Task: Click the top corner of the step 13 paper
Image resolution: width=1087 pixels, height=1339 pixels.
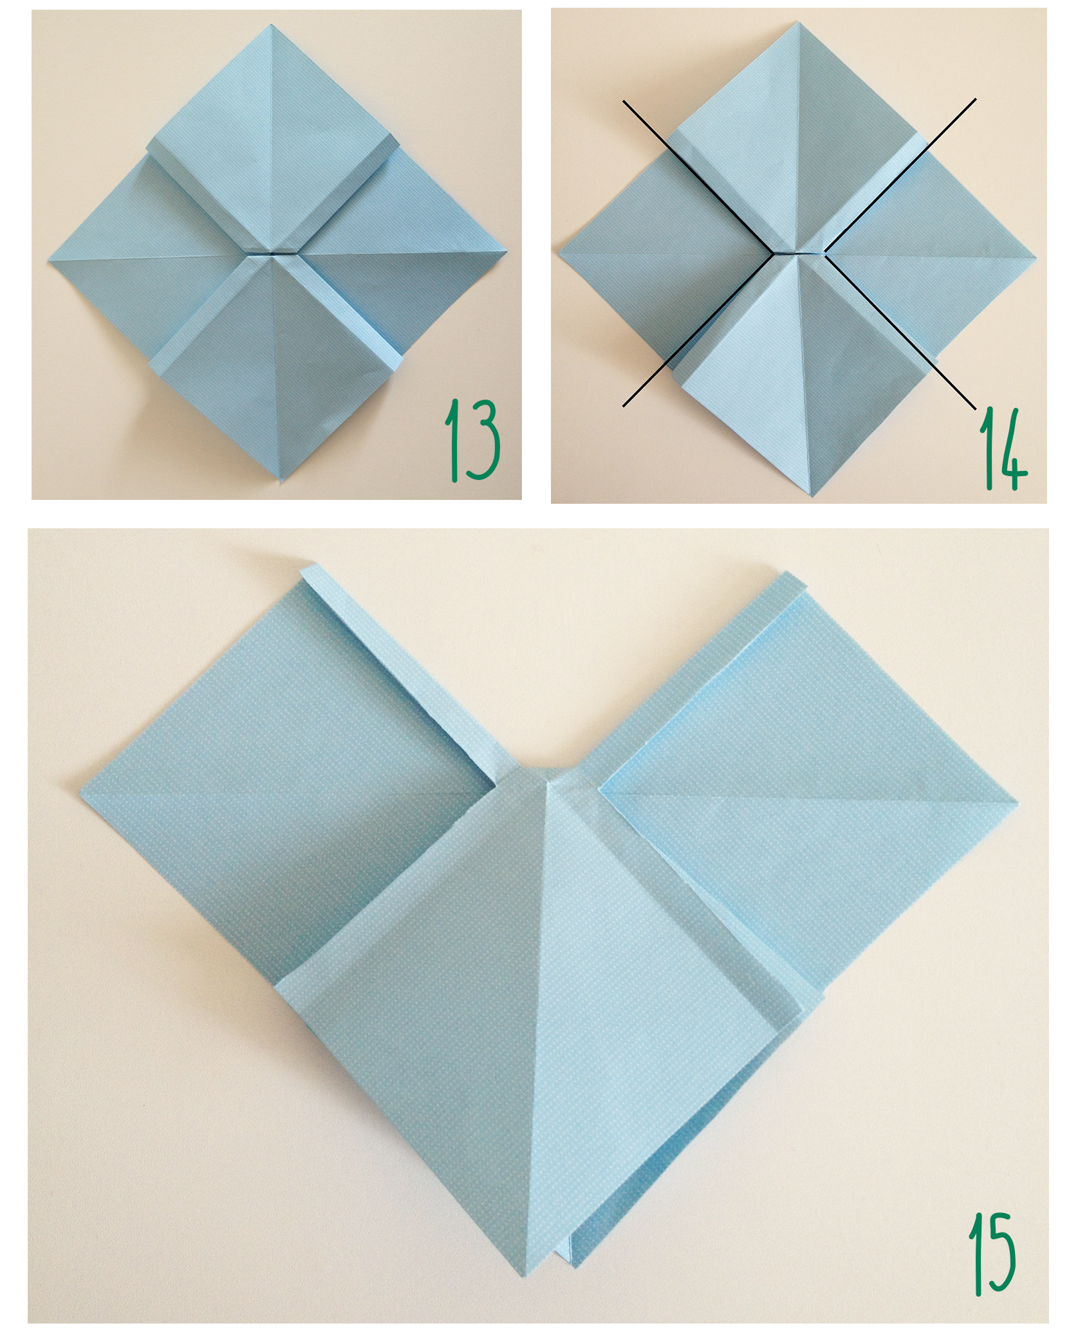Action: click(x=273, y=26)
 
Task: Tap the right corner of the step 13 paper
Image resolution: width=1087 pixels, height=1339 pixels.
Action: click(x=506, y=252)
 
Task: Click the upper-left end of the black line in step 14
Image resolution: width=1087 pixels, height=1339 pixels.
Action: click(x=623, y=100)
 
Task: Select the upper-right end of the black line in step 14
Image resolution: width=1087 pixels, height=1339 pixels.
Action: click(x=976, y=98)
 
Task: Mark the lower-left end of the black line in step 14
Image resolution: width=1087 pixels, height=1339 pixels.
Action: click(x=623, y=405)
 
